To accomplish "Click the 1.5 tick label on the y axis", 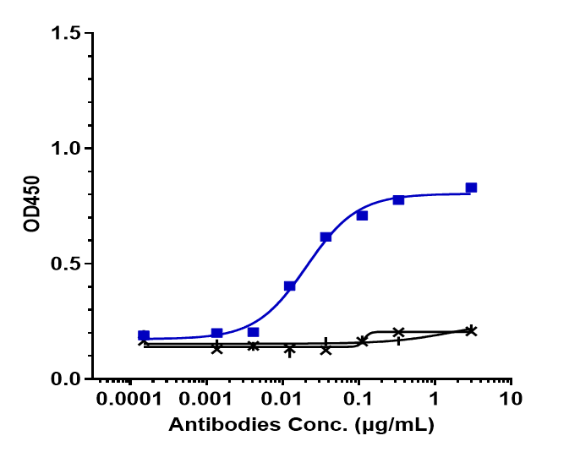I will tap(66, 34).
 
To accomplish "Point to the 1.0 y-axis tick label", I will tap(66, 149).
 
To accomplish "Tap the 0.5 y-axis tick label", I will tap(66, 264).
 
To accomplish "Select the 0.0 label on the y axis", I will tap(66, 378).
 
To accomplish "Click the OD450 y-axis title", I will tap(32, 206).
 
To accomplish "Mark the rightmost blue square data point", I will tap(471, 188).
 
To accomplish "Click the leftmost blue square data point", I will tap(144, 335).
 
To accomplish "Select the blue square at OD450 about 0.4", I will tap(290, 286).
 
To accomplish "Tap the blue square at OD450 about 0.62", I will tap(326, 237).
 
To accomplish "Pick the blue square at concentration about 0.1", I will tap(362, 215).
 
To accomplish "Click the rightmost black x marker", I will tap(471, 331).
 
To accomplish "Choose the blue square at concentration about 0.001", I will tap(216, 334).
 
